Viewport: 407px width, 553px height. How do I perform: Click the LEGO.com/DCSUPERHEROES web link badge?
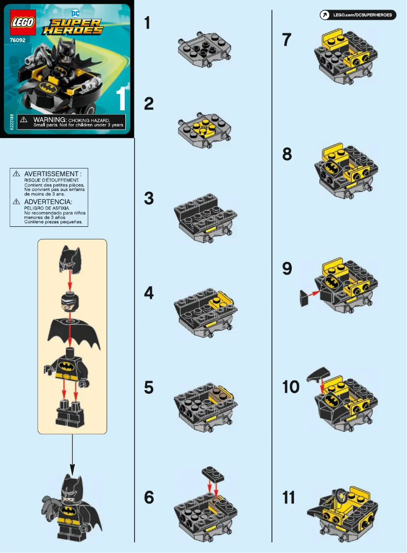358,15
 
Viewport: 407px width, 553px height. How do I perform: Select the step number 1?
148,23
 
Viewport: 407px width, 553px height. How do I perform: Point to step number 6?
149,498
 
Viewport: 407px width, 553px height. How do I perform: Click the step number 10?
291,387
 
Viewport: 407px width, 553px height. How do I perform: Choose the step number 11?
289,498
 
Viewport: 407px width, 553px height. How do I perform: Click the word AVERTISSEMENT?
52,174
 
